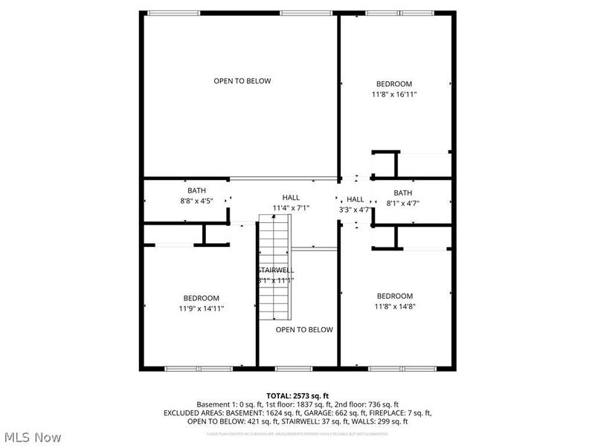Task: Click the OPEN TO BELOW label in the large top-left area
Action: [x=242, y=81]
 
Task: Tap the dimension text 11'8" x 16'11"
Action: [x=394, y=95]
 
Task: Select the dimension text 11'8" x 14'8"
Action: [x=394, y=306]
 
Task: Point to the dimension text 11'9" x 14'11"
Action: [x=202, y=308]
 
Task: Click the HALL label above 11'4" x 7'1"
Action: [x=291, y=197]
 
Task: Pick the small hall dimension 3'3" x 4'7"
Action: [x=355, y=210]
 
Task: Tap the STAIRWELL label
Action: [x=276, y=270]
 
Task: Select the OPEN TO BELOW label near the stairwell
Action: [x=304, y=329]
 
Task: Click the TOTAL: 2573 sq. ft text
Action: [x=297, y=395]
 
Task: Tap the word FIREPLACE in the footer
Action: [x=391, y=413]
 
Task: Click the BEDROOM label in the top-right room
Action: [x=394, y=84]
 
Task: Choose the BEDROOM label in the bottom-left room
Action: [x=202, y=298]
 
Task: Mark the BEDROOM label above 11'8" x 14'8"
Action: [x=394, y=296]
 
